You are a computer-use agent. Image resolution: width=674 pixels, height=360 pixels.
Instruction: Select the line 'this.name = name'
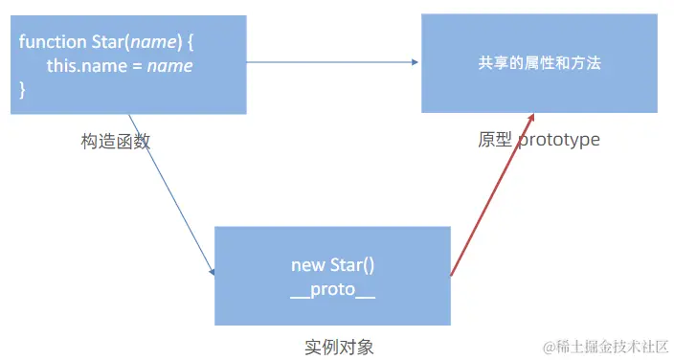pos(120,66)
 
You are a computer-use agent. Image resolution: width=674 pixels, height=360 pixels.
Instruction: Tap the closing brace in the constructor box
pos(22,89)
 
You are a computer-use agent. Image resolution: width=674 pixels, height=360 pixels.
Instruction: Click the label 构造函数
pos(116,141)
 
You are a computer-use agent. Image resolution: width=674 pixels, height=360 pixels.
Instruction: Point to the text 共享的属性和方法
pos(539,63)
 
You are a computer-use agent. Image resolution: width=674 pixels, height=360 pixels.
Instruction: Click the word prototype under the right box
pos(559,140)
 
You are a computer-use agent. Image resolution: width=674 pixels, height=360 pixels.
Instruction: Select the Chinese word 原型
pos(495,140)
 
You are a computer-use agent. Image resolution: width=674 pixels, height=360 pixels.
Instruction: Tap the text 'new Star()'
pos(332,265)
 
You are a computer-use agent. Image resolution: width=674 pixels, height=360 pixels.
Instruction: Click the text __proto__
pos(332,290)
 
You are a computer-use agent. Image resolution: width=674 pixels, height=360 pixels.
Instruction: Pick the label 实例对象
pos(332,345)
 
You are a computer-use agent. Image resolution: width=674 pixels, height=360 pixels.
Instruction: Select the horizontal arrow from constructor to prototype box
pos(330,62)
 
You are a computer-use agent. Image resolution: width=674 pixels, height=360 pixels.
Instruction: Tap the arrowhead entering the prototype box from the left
pos(415,62)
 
